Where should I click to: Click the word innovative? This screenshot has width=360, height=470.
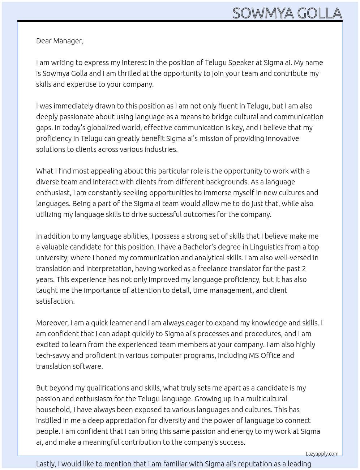click(x=282, y=138)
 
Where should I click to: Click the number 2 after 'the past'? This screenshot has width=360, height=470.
click(x=304, y=269)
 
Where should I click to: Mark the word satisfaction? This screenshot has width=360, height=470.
click(x=55, y=301)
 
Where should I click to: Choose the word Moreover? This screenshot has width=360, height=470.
click(x=52, y=323)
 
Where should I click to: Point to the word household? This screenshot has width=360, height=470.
click(x=54, y=410)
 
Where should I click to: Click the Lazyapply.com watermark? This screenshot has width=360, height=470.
click(x=322, y=454)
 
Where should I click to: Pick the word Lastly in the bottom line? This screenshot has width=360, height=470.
click(x=46, y=464)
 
